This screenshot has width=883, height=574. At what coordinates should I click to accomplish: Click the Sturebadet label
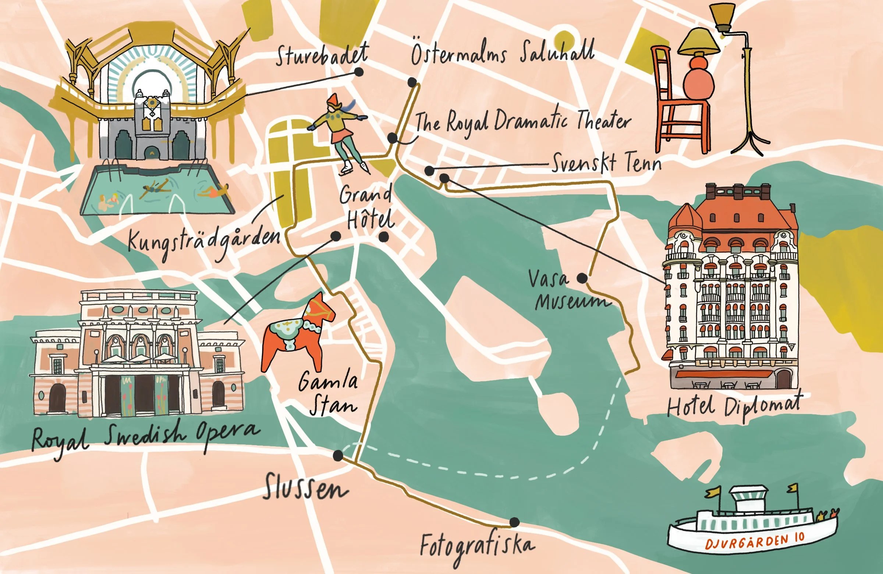[x=322, y=56]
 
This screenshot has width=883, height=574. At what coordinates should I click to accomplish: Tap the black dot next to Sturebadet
[x=358, y=72]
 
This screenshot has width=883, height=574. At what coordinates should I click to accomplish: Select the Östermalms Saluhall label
[x=503, y=53]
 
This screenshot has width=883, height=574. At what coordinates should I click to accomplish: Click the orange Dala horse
[x=297, y=334]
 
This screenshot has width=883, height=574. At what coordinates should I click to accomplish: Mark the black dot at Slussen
[x=338, y=456]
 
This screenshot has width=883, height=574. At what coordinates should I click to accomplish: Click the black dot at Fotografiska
[x=514, y=522]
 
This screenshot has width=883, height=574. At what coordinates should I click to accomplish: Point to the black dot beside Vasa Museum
[x=582, y=278]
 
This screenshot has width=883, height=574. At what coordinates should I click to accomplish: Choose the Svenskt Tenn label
[x=607, y=163]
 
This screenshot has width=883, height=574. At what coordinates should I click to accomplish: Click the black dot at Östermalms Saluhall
[x=412, y=82]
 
